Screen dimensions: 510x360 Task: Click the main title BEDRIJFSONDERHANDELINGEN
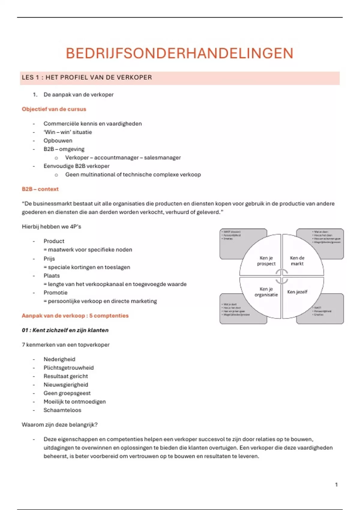click(x=179, y=53)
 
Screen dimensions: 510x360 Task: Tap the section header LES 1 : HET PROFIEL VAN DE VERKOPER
click(x=87, y=77)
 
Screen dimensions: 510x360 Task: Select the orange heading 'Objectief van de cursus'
click(x=54, y=109)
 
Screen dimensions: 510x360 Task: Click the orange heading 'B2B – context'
click(x=40, y=189)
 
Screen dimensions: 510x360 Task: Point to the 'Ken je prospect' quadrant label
click(x=266, y=261)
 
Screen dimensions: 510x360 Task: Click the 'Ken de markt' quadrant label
click(x=297, y=261)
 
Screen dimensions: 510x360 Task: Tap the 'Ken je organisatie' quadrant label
click(x=266, y=292)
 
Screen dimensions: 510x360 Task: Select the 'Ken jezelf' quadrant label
click(x=297, y=292)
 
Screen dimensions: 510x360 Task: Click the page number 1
click(x=336, y=484)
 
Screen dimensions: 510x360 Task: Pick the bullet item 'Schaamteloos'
click(x=62, y=410)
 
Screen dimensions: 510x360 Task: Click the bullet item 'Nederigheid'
click(x=59, y=359)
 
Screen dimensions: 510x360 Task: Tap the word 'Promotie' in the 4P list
click(x=55, y=292)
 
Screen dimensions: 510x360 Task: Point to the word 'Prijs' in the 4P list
click(x=49, y=259)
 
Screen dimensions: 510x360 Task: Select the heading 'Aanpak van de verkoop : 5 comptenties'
click(x=75, y=316)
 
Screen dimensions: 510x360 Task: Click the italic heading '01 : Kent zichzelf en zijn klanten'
click(x=65, y=330)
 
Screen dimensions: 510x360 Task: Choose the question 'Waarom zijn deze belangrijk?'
click(x=60, y=425)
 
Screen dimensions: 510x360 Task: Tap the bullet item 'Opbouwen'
click(x=58, y=141)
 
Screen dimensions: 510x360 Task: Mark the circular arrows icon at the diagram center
click(x=282, y=276)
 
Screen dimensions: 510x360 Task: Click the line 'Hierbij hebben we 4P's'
click(x=52, y=226)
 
